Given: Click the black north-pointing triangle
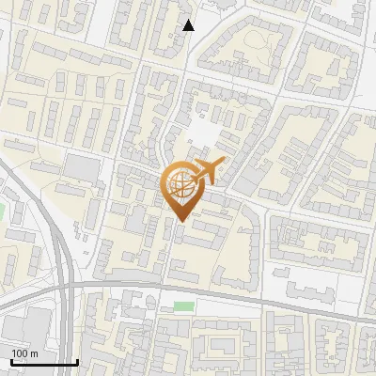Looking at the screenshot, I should pos(188,25).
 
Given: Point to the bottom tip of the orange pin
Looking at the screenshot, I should pos(179,222).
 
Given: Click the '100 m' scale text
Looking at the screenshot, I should pos(24,352).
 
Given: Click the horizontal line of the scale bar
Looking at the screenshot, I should pos(43,362).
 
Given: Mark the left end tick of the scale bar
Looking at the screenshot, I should pos(10,360).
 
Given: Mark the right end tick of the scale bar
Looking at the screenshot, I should pos(76,360).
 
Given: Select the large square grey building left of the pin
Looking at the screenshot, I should pos(84,169).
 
